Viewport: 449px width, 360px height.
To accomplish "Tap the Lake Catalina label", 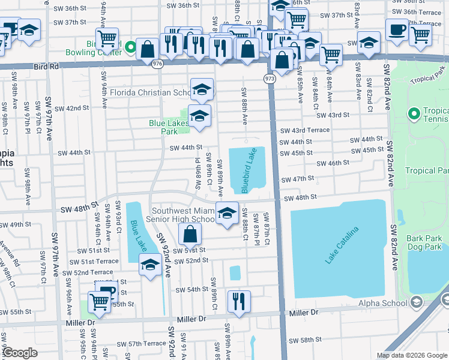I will tap(342, 245).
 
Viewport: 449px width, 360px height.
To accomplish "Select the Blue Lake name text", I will tap(138, 237).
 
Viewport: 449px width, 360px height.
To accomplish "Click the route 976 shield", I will tap(158, 63).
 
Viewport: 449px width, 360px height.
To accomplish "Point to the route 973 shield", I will tap(270, 79).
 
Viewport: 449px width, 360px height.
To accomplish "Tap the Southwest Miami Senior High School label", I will tap(183, 215).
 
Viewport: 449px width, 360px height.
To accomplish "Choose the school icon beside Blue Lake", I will tap(149, 264).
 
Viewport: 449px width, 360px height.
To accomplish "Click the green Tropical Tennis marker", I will tap(413, 113).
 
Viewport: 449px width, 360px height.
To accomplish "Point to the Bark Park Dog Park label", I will tap(424, 242).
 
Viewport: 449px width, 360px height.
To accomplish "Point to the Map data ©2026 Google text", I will tap(411, 355).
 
